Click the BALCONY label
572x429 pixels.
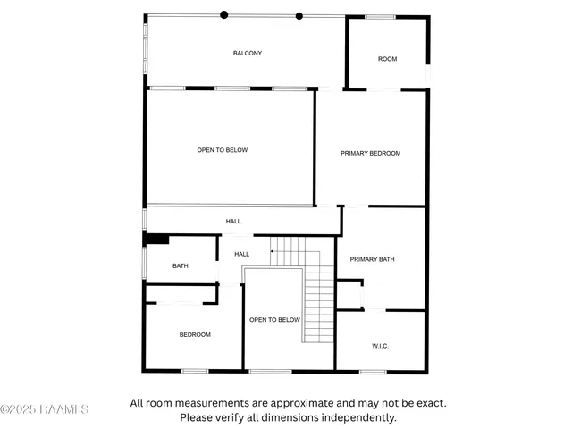point(248,54)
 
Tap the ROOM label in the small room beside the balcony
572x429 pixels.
point(387,59)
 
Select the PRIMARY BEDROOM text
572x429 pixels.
point(370,153)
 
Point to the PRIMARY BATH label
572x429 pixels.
point(372,259)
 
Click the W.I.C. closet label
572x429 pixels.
point(380,346)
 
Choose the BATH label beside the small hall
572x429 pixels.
point(181,265)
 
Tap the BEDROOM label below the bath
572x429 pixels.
point(195,334)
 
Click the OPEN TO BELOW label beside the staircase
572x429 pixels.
point(274,319)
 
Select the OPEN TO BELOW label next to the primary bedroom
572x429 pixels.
point(223,150)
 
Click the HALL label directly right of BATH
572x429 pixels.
point(241,255)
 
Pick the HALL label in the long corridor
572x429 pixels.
point(233,221)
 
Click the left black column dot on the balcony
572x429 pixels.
point(224,14)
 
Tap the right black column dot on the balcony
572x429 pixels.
point(299,15)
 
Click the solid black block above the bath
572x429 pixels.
point(157,239)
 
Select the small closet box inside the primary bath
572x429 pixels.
point(349,294)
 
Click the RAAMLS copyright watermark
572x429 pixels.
point(45,409)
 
